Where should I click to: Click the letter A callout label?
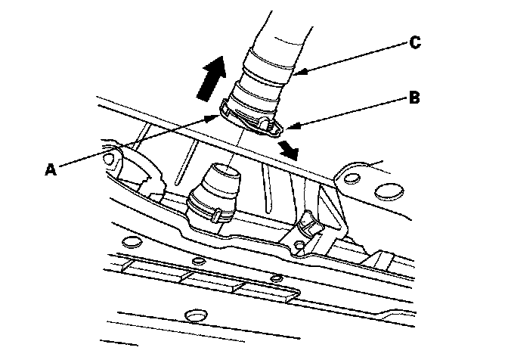tap(50, 169)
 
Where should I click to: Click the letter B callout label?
tap(414, 97)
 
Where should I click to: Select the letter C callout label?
tap(414, 42)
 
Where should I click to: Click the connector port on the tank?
tap(217, 186)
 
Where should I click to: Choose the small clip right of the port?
tap(310, 225)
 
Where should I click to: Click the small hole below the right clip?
tap(300, 245)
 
